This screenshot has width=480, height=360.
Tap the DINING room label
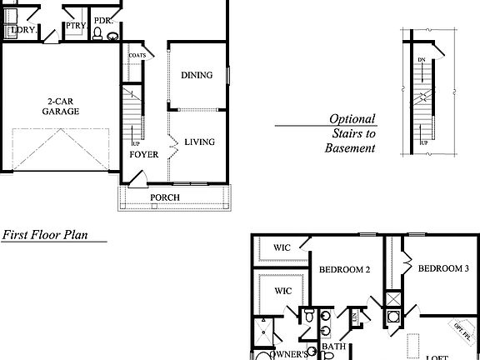point(197,75)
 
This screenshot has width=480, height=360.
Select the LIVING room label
point(199,142)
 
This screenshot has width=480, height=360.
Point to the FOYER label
point(142,154)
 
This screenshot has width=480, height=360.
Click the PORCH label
point(164,197)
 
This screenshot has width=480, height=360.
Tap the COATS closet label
point(137,56)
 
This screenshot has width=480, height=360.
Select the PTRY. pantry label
point(74,26)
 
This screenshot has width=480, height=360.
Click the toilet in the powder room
point(97,35)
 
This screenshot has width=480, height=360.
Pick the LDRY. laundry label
point(22,30)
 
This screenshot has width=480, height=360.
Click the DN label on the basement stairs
point(422,61)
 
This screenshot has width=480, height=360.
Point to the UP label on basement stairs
point(422,142)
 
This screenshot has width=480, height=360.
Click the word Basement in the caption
point(350,148)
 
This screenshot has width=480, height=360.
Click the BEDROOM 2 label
point(344,269)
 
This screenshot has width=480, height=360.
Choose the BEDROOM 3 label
point(443,268)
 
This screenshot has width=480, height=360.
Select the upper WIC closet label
point(282,247)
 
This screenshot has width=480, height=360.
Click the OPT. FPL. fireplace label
point(461,330)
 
